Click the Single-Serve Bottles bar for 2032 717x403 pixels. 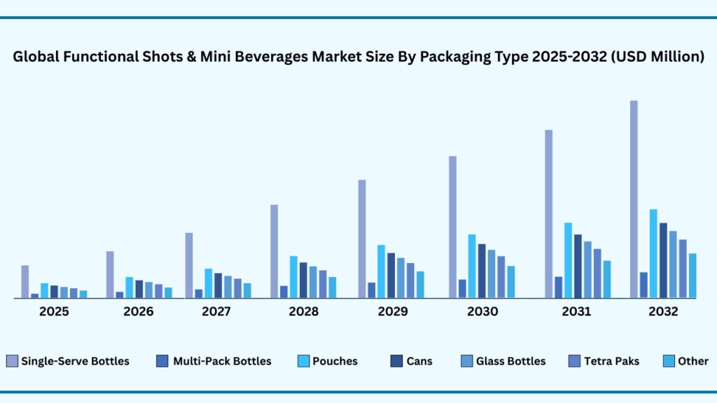[x=634, y=199]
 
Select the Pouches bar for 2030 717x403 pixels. [x=472, y=266]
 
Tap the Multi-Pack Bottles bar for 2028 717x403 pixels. [x=284, y=291]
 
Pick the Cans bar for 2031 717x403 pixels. [x=578, y=266]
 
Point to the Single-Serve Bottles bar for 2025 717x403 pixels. [x=25, y=281]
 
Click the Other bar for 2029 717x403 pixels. [x=420, y=284]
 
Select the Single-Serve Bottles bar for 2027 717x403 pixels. [x=189, y=265]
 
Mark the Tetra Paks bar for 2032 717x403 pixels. [x=683, y=269]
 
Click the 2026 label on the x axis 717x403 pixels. [x=139, y=311]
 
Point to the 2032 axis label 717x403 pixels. [x=663, y=311]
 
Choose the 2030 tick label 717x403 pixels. [x=483, y=311]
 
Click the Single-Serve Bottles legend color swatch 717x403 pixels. [x=12, y=361]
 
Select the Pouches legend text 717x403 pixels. [x=336, y=361]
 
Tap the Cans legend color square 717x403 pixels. [x=396, y=361]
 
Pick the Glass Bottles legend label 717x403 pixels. [x=510, y=361]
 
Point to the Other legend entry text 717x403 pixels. [x=692, y=361]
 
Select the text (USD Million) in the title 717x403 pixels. [x=657, y=58]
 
